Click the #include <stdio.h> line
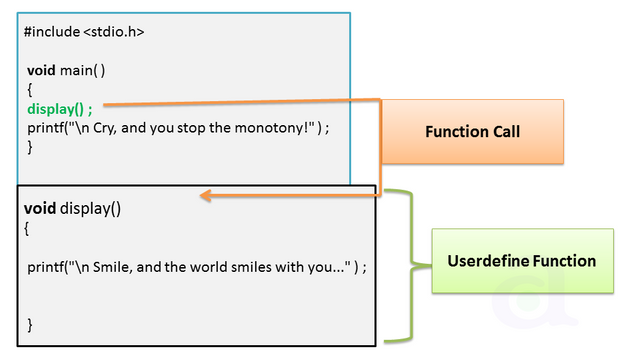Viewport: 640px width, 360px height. [x=84, y=32]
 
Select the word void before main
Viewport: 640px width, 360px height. [x=41, y=72]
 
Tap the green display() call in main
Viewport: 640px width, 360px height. [x=59, y=109]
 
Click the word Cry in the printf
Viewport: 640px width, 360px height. [x=109, y=127]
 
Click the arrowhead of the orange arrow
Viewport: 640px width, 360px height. [x=205, y=196]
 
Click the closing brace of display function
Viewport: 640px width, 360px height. [x=30, y=324]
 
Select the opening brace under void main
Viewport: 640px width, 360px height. [x=30, y=90]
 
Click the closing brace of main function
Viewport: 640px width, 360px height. [x=30, y=146]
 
